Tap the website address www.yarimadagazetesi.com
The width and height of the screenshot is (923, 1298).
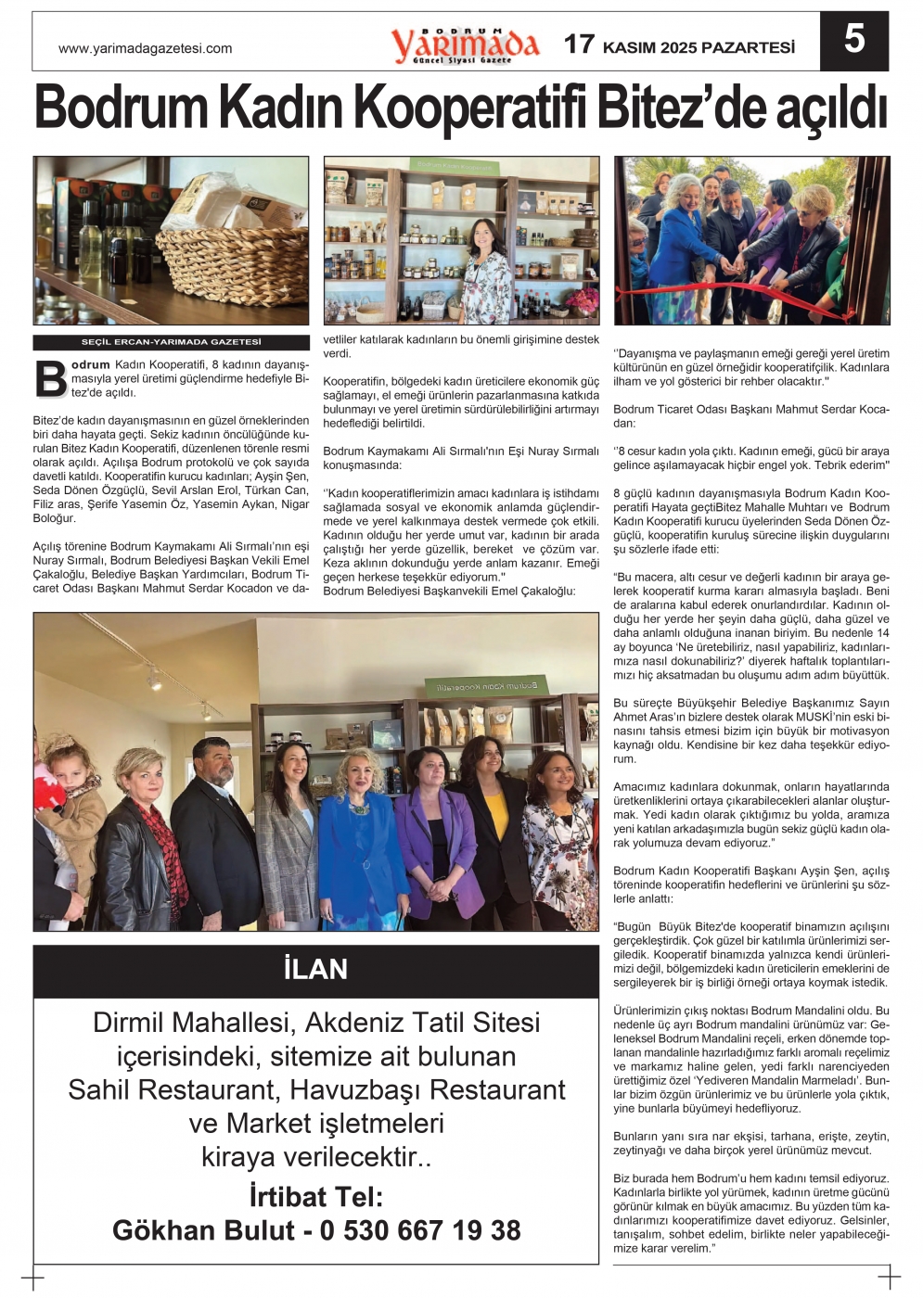point(145,48)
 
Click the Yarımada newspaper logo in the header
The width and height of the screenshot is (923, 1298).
point(464,45)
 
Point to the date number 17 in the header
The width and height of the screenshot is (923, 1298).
point(579,45)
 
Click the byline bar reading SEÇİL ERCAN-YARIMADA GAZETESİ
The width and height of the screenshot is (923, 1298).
point(171,342)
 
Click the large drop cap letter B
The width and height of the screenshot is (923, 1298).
point(50,378)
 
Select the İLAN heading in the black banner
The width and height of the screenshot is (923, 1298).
point(315,970)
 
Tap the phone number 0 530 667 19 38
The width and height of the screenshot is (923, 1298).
point(420,1230)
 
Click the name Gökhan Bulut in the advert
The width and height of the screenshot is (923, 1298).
point(203,1230)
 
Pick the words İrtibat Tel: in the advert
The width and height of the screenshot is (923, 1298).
point(315,1196)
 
